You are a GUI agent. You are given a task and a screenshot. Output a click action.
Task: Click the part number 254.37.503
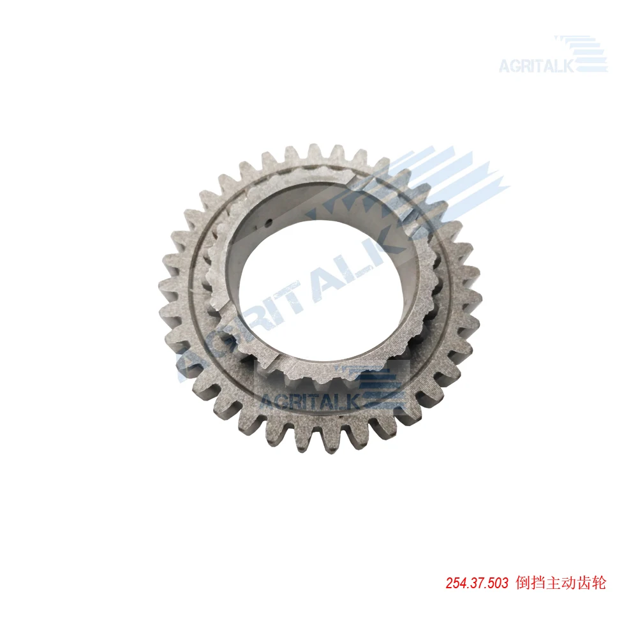[x=477, y=584]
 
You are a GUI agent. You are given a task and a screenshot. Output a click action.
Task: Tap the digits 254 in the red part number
[x=456, y=584]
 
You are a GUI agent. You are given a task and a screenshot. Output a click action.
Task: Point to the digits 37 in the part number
[x=477, y=584]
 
